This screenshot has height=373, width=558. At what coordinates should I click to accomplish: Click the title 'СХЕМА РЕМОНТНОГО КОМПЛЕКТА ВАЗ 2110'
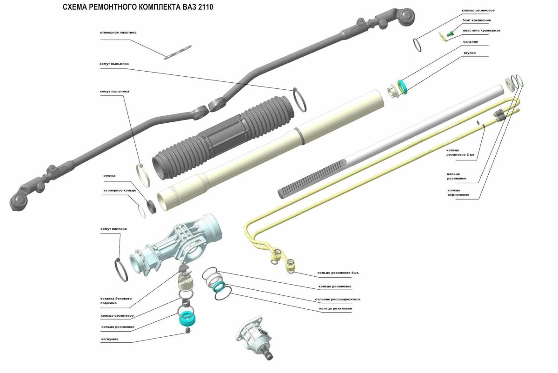[x=138, y=7]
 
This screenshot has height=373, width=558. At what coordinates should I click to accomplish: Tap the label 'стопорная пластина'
[x=118, y=33]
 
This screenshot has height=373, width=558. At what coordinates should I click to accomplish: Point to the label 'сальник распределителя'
[x=338, y=299]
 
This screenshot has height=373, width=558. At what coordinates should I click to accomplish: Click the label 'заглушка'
[x=110, y=339]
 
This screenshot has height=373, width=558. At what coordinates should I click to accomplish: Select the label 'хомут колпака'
[x=113, y=229]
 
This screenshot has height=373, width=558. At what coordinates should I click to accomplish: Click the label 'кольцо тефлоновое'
[x=458, y=193]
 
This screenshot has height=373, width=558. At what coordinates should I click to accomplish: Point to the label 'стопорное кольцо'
[x=120, y=190]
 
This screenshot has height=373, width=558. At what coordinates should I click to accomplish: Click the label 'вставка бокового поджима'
[x=116, y=301]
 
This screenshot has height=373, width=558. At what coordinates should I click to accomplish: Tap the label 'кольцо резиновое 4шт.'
[x=338, y=273]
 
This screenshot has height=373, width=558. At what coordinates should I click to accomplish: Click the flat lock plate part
[x=178, y=53]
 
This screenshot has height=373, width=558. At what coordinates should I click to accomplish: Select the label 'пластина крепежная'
[x=482, y=30]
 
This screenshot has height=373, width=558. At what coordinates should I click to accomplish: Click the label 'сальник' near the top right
[x=471, y=41]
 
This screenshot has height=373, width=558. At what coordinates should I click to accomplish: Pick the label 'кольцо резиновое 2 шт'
[x=460, y=153]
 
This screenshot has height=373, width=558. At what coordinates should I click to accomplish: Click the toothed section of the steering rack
[x=312, y=180]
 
